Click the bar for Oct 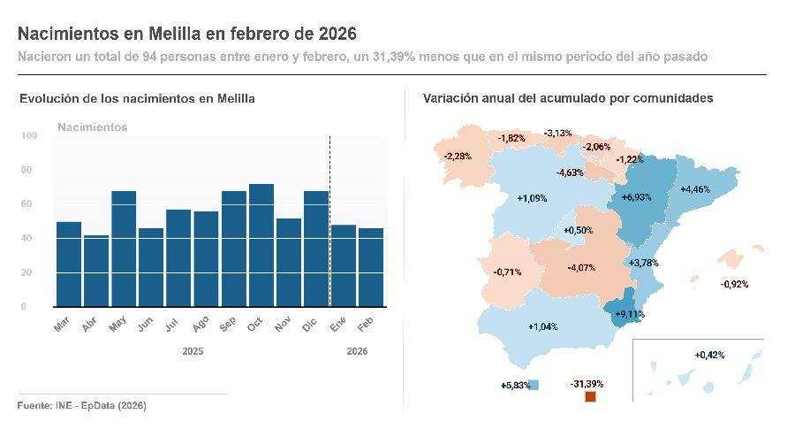click(261, 245)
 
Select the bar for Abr click(95, 271)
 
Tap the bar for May click(124, 249)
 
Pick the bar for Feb click(371, 267)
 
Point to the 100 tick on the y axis click(29, 135)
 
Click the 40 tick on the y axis click(29, 238)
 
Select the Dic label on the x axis click(310, 326)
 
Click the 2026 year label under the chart click(358, 351)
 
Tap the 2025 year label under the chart click(193, 351)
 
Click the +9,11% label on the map click(629, 313)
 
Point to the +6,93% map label click(636, 196)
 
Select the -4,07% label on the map click(581, 267)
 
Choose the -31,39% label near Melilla click(587, 384)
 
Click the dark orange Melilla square click(591, 399)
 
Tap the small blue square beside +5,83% click(534, 385)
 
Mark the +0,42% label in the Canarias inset click(709, 355)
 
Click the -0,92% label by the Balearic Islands click(734, 284)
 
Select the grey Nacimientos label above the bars click(92, 127)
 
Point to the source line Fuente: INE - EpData click(81, 405)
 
